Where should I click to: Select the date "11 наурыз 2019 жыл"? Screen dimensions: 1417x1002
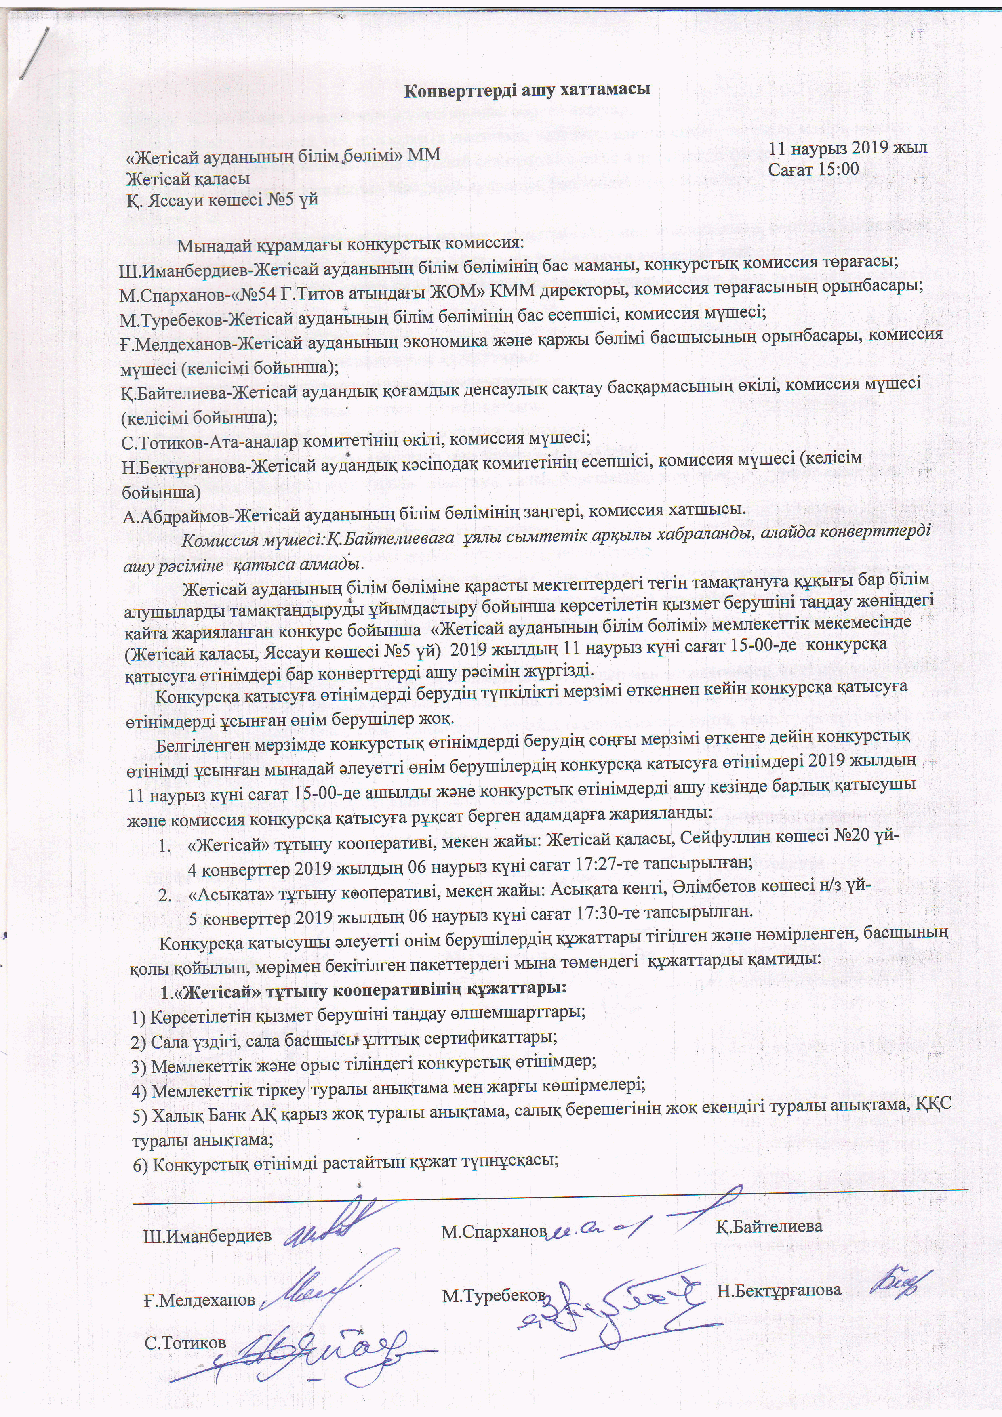[x=848, y=148]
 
